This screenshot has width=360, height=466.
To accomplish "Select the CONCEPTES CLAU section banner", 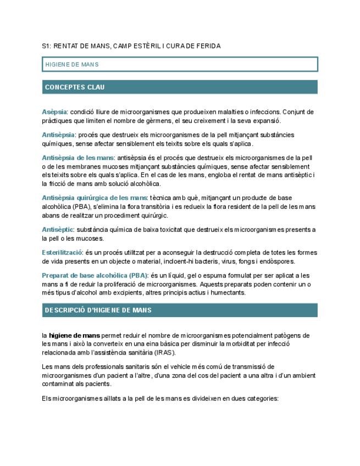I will tap(180, 87).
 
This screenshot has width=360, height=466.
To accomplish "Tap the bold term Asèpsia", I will tap(54, 112).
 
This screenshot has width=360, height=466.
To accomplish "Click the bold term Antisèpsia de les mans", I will tap(77, 158).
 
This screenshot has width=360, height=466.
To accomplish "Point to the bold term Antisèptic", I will tap(58, 230).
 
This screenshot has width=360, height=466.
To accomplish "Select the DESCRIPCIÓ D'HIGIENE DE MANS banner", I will tap(180, 310).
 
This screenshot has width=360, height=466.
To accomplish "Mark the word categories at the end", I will tap(264, 398).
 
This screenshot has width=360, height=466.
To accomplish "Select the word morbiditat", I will tap(255, 344).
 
